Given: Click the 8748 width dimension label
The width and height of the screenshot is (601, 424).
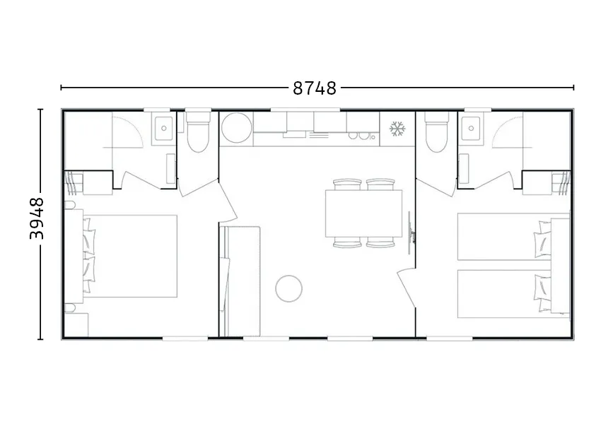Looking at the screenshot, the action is (315, 88).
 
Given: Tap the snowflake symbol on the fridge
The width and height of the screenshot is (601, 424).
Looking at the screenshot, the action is (397, 129).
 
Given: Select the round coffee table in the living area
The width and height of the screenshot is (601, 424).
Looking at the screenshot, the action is (288, 289).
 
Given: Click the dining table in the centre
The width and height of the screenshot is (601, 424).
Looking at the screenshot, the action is (363, 213).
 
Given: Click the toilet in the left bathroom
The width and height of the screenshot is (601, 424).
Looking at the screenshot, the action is (197, 132).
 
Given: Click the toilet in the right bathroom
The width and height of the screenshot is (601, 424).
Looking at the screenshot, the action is (436, 132).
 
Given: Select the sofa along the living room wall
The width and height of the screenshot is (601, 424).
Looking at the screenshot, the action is (240, 281).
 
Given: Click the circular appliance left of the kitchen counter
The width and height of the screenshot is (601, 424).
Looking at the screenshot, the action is (236, 129).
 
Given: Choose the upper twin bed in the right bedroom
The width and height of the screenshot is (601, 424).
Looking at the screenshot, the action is (504, 237).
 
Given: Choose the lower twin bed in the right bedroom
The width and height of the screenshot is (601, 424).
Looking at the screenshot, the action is (504, 294).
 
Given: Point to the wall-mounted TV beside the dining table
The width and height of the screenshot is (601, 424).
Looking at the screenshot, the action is (411, 233).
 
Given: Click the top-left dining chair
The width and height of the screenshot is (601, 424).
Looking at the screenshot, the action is (347, 184).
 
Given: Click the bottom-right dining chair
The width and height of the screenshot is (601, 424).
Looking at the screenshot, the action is (380, 242).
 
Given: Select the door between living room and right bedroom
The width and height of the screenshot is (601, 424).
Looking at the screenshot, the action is (407, 286).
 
